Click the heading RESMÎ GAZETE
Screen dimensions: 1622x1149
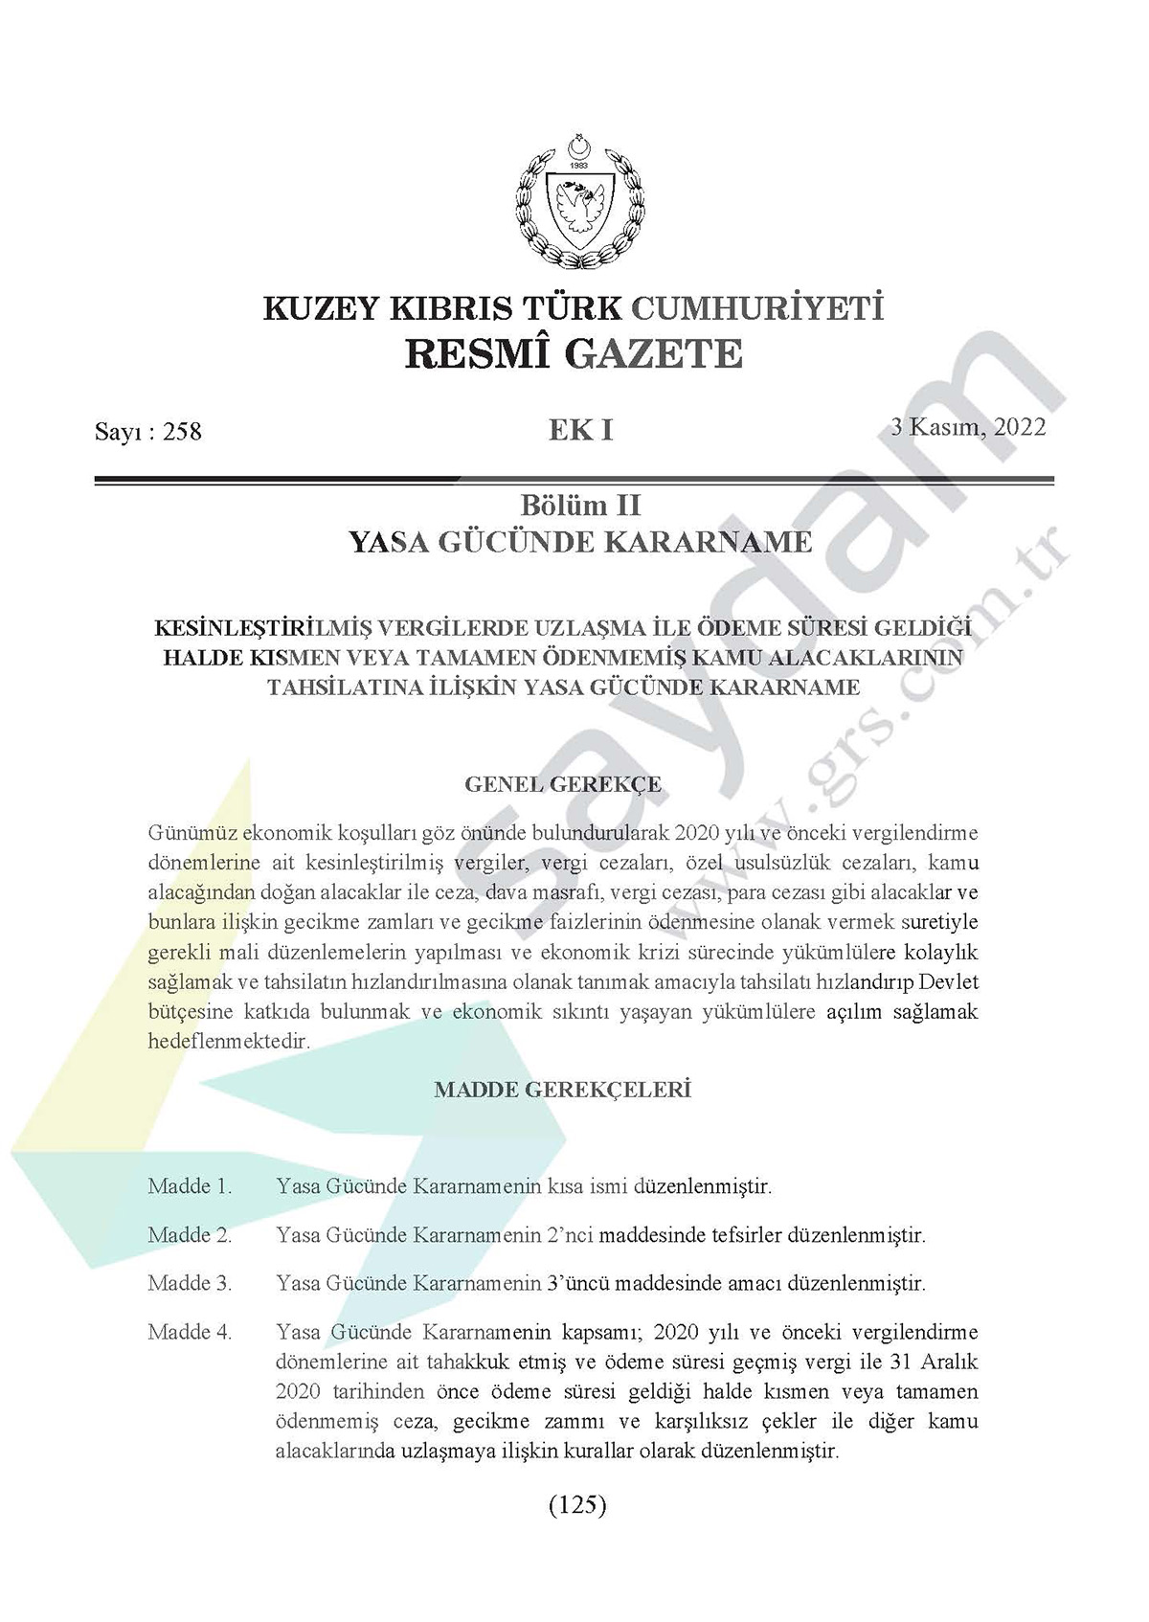coord(574,353)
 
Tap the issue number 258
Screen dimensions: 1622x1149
coord(182,432)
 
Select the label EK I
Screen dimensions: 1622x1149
coord(580,430)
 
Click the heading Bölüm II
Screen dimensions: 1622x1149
coord(580,504)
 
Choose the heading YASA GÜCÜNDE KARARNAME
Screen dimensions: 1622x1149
coord(580,542)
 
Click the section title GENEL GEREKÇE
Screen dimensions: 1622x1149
coord(563,784)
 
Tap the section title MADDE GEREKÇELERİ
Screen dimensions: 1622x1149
coord(563,1090)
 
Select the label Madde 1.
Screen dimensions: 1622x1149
coord(190,1186)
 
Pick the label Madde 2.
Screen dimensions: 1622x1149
coord(190,1235)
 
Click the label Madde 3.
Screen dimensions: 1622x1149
coord(190,1283)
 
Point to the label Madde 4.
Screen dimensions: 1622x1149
coord(190,1332)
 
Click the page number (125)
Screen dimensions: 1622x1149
coord(578,1504)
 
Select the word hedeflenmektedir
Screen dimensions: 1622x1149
coord(229,1041)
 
